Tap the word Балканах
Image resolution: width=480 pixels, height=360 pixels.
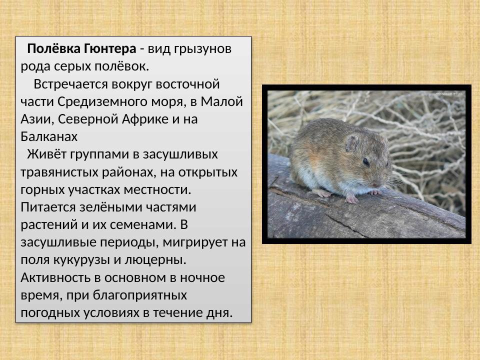point(49,136)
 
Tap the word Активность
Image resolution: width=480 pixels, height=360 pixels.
point(55,277)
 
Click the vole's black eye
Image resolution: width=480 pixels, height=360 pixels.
point(366,161)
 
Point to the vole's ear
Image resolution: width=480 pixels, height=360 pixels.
point(352,143)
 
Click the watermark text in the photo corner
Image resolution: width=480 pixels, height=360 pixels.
point(449,93)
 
